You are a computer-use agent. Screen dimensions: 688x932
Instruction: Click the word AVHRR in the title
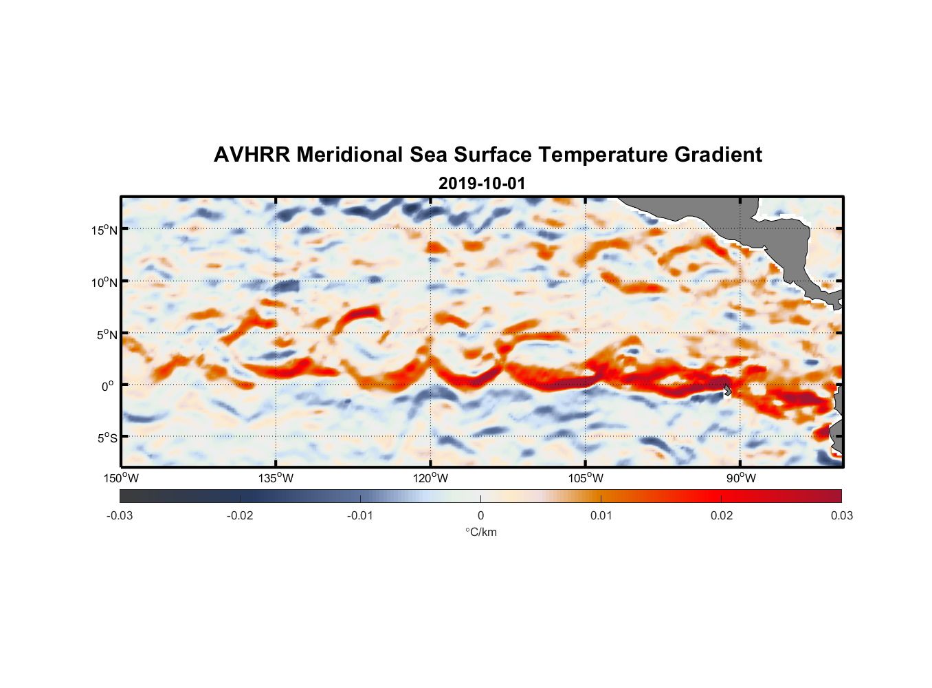pos(252,155)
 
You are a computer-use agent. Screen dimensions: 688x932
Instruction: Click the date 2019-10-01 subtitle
pos(482,184)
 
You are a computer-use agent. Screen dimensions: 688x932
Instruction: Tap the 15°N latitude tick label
pos(104,230)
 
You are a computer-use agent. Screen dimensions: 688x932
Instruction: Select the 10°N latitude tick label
pos(104,282)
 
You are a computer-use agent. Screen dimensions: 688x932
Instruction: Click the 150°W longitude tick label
pos(122,478)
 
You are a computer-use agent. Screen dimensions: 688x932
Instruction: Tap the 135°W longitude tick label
pos(276,478)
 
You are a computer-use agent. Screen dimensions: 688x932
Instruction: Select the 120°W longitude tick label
pos(431,478)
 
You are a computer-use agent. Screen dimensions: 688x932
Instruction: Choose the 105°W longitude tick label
pos(586,478)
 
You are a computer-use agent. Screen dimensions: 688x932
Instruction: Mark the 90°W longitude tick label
pos(741,478)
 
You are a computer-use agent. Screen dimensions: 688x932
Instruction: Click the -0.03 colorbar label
pos(120,516)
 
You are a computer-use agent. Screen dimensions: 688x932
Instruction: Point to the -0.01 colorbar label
pos(359,516)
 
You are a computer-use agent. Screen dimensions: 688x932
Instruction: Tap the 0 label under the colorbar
pos(480,516)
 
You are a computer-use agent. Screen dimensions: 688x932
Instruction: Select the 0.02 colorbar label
pos(722,516)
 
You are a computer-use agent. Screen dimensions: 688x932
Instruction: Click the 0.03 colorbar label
pos(842,516)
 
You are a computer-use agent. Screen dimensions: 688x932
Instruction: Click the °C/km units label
pos(481,532)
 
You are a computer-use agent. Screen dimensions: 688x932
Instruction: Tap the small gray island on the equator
pos(728,390)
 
